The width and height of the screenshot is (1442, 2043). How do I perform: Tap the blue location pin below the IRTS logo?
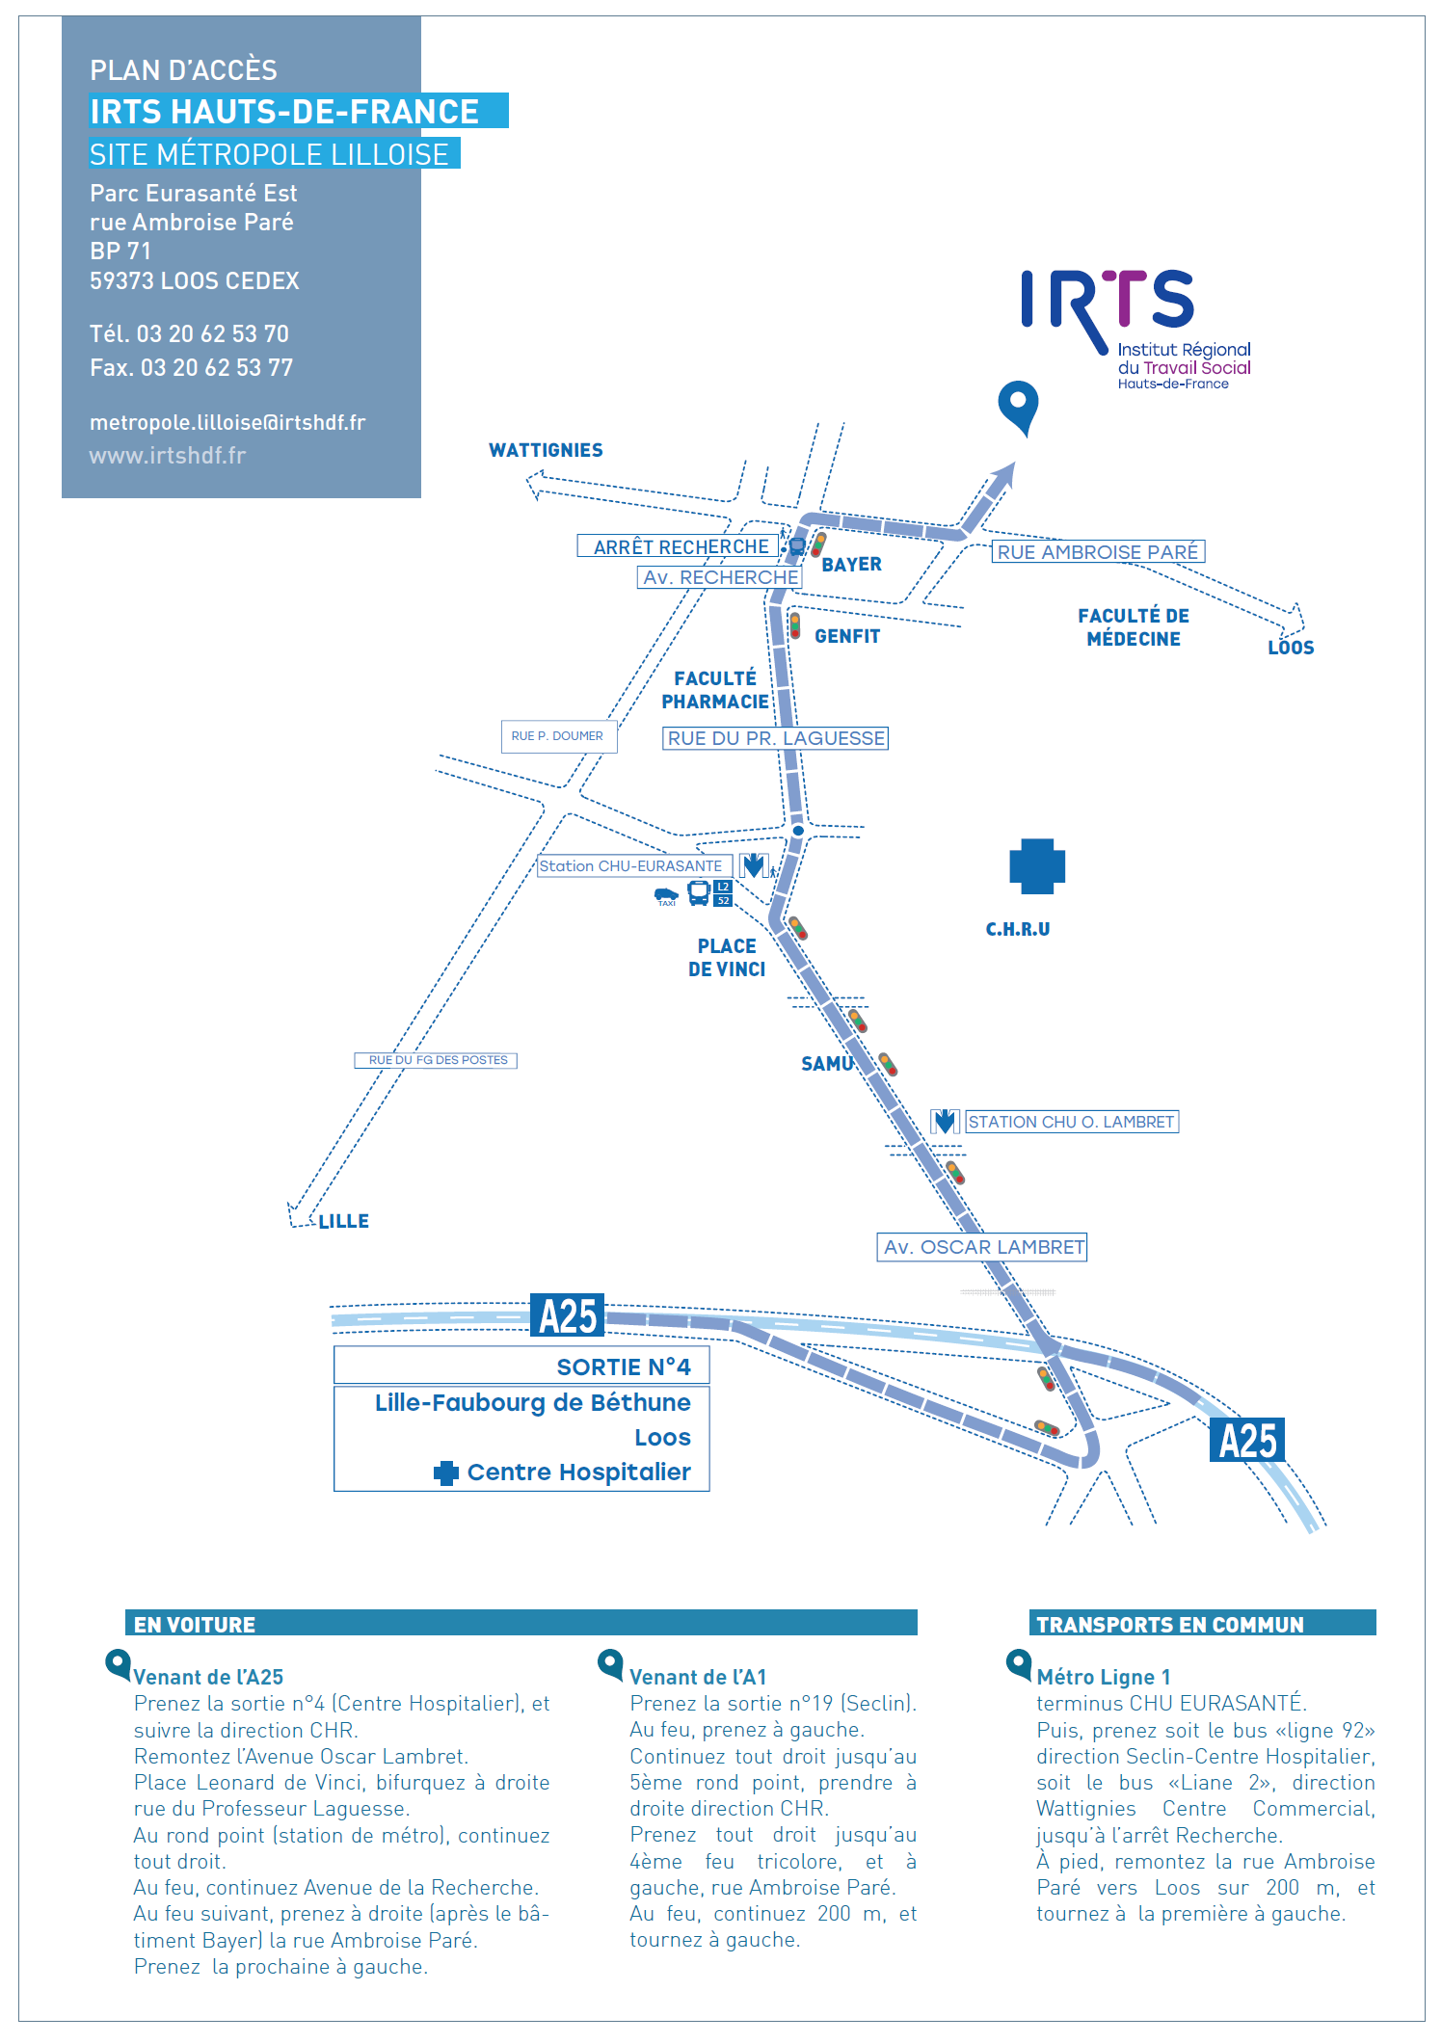[x=1018, y=404]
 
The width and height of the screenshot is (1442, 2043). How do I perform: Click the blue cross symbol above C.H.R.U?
[x=1037, y=864]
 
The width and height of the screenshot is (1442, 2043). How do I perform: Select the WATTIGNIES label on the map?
[x=546, y=450]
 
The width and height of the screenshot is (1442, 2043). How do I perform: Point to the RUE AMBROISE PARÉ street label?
[x=1098, y=552]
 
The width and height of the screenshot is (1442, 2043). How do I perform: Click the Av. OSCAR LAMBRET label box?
[x=982, y=1247]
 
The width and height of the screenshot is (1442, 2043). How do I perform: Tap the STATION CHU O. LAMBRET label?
[x=1071, y=1122]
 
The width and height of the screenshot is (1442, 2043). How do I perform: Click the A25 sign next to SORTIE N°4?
[x=568, y=1316]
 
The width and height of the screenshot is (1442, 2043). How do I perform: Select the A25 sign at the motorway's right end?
[x=1247, y=1441]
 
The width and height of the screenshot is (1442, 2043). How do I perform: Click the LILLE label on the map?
[x=343, y=1221]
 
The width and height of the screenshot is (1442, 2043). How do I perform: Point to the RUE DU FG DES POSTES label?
[x=437, y=1060]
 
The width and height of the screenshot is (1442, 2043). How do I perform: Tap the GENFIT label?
[x=847, y=636]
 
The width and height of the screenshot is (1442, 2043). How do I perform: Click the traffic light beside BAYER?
[x=818, y=544]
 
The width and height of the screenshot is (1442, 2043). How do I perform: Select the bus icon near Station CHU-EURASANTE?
[x=699, y=893]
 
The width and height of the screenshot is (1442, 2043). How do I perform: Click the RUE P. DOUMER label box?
[x=558, y=736]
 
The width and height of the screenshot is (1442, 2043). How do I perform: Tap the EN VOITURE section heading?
[x=195, y=1625]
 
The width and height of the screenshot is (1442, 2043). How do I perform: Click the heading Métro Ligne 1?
[x=1104, y=1677]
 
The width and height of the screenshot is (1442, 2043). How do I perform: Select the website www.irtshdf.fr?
[x=168, y=455]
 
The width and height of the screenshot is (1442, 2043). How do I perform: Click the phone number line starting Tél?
[x=189, y=333]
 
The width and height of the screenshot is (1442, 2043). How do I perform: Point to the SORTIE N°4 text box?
[x=521, y=1366]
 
